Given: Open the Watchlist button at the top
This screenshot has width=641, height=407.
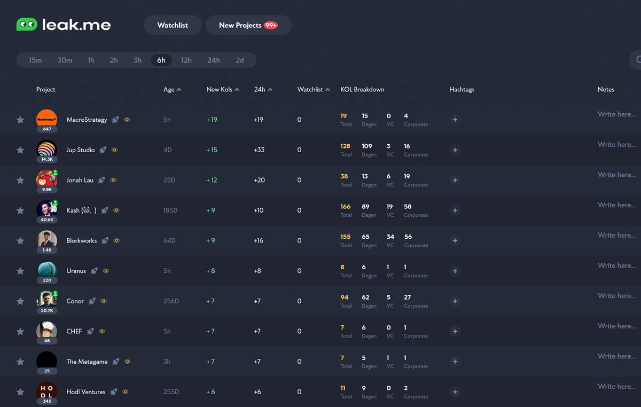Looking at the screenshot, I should [173, 25].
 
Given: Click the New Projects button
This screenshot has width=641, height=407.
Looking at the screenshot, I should [248, 25].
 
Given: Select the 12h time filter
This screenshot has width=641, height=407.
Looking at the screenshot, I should [186, 60].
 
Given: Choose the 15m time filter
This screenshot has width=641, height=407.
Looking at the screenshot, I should [35, 60].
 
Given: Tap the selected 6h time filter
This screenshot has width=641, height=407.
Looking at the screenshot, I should [161, 60].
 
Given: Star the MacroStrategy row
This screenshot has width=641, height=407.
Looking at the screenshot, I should [20, 120].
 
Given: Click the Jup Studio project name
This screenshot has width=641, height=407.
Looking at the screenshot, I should [81, 150].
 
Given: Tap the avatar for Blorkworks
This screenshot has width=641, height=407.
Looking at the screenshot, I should [46, 239].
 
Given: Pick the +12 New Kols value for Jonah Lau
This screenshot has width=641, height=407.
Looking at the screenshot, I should [212, 180].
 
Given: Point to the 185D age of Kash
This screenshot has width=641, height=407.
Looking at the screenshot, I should [170, 210].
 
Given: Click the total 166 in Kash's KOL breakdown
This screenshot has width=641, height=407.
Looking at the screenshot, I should [345, 207].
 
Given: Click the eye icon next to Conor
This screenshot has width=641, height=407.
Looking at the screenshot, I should [104, 301].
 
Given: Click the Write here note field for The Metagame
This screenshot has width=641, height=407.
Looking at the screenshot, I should [616, 356].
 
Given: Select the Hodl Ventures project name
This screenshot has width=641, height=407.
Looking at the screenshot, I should [86, 392].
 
